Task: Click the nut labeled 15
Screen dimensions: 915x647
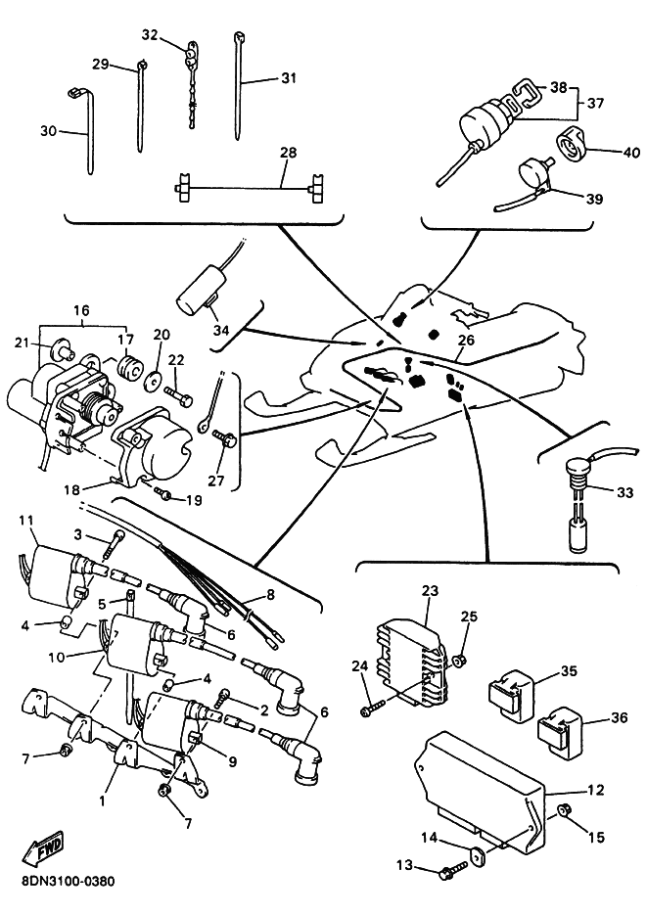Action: (566, 810)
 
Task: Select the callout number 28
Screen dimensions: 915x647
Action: (288, 153)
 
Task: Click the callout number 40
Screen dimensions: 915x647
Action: (630, 152)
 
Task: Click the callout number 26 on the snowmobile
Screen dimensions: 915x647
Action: (466, 341)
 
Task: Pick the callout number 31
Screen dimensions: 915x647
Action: (288, 79)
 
